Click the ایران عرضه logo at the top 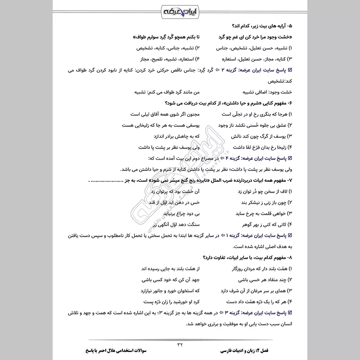click(x=180, y=9)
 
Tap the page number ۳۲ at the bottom click(x=180, y=344)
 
